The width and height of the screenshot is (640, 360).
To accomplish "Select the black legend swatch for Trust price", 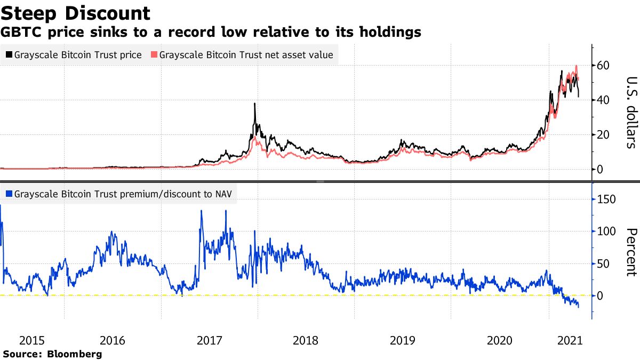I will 9,55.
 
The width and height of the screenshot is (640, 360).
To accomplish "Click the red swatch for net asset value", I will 155,55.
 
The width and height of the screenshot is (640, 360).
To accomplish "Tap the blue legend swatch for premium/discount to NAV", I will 9,195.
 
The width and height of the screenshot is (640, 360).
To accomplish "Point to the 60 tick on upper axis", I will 603,66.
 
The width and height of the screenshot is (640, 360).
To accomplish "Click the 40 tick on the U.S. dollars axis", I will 603,100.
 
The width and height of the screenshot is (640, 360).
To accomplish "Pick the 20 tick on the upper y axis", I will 603,135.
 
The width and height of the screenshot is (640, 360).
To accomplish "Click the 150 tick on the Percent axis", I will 606,199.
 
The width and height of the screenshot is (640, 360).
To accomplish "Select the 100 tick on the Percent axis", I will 606,231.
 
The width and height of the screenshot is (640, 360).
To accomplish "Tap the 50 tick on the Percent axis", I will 603,263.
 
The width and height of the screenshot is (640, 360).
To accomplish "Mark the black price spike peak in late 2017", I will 255,104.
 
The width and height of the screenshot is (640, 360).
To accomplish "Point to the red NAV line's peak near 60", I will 576,66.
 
